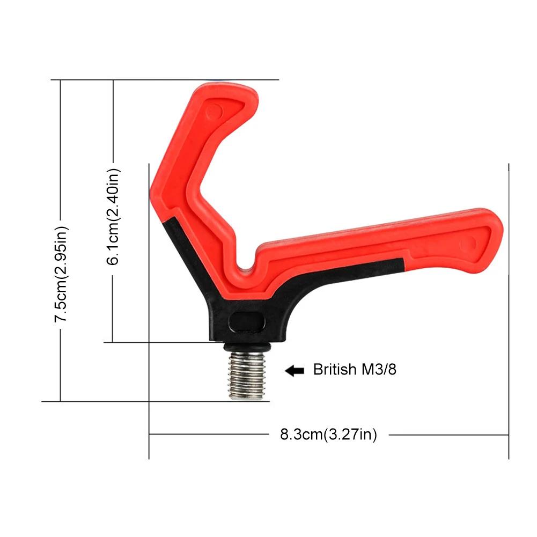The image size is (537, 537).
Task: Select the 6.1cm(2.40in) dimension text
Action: coord(114,216)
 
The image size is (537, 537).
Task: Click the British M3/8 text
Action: coord(355,370)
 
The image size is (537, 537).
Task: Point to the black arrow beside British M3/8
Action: coord(295,370)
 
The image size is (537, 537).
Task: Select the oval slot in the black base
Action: coord(247,322)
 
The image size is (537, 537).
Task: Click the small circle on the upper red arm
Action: coord(214,111)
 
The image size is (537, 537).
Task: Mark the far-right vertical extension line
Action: coord(508,311)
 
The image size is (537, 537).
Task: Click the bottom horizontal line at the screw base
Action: coord(134,401)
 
